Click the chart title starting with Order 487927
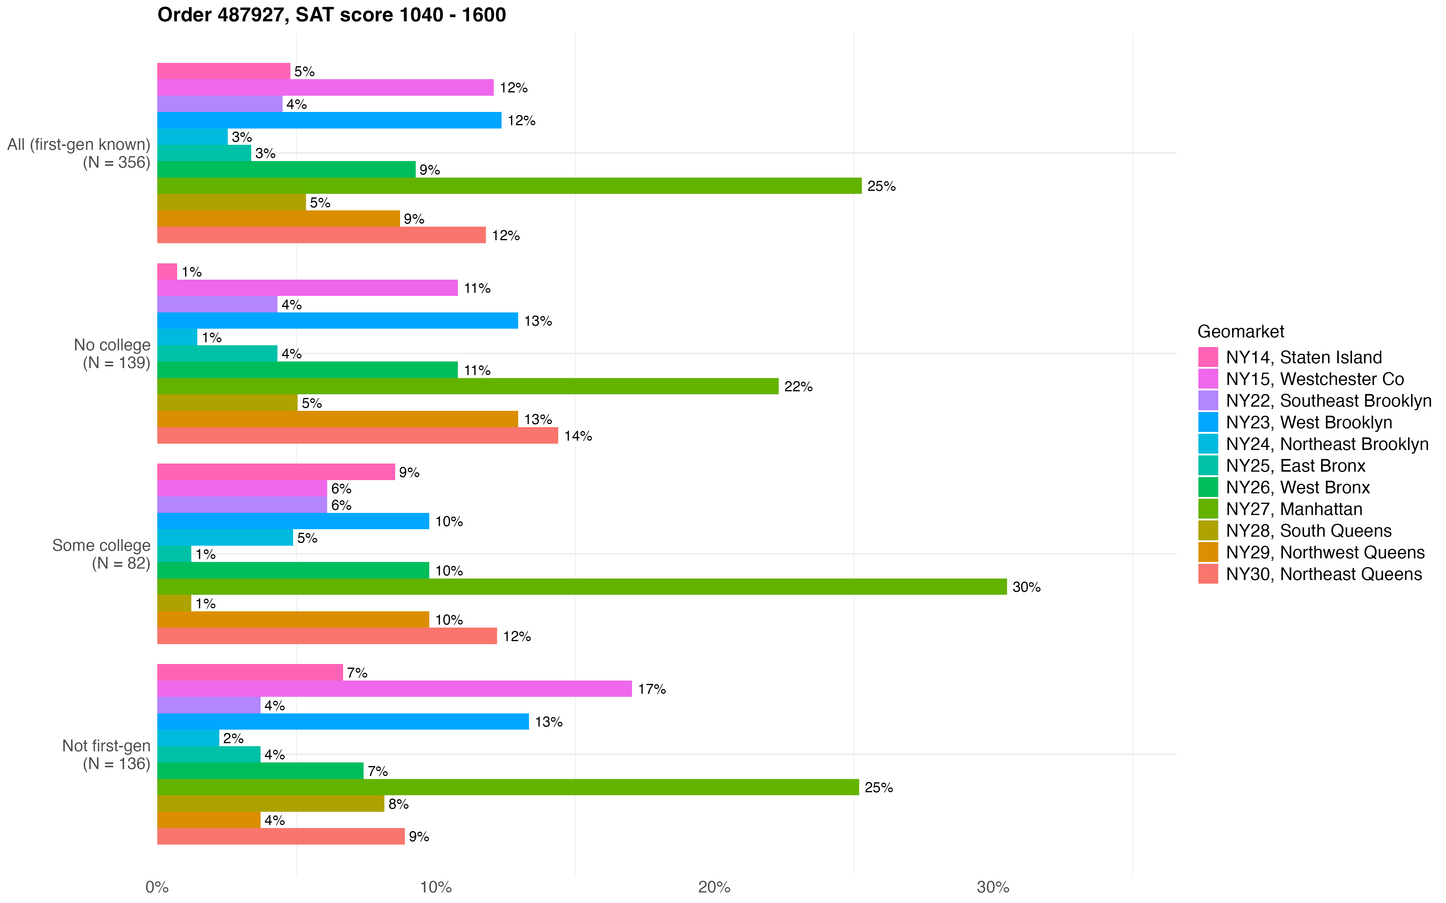(332, 14)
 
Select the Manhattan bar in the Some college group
(581, 586)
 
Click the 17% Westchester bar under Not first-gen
(394, 689)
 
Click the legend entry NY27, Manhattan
(1294, 509)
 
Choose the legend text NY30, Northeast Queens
(1323, 574)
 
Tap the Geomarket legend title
(1241, 331)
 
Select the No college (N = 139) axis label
(112, 354)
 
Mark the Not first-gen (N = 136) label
(106, 754)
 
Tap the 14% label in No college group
(578, 436)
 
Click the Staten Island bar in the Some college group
(276, 472)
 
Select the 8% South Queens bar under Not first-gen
(271, 803)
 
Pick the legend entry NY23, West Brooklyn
(1309, 422)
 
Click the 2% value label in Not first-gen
(233, 738)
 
